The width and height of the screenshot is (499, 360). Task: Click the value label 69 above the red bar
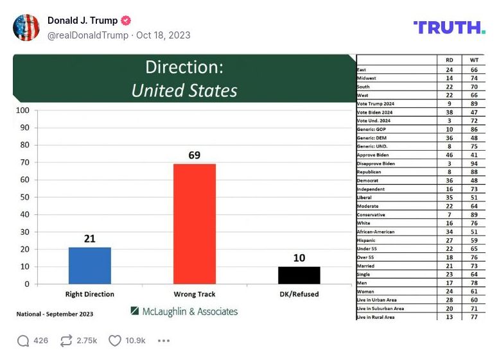pyautogui.click(x=195, y=155)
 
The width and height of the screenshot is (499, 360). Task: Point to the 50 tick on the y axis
pyautogui.click(x=24, y=197)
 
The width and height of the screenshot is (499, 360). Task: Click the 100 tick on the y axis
pyautogui.click(x=22, y=110)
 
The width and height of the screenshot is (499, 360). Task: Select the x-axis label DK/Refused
pyautogui.click(x=299, y=295)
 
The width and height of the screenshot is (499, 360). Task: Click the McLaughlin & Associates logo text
pyautogui.click(x=184, y=311)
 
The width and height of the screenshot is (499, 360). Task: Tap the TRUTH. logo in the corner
pyautogui.click(x=449, y=27)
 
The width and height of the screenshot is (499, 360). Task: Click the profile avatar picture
pyautogui.click(x=26, y=28)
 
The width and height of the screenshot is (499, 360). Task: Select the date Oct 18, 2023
pyautogui.click(x=163, y=35)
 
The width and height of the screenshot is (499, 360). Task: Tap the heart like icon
pyautogui.click(x=114, y=341)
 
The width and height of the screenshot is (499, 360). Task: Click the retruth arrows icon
pyautogui.click(x=66, y=341)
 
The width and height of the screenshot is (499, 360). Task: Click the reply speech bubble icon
pyautogui.click(x=23, y=341)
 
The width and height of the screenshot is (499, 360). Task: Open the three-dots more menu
pyautogui.click(x=163, y=341)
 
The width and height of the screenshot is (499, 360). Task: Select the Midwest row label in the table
pyautogui.click(x=367, y=78)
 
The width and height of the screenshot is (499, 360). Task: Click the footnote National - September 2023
pyautogui.click(x=55, y=314)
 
